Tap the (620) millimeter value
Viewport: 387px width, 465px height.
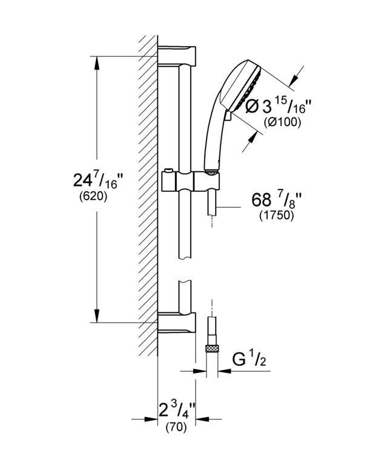coord(93,196)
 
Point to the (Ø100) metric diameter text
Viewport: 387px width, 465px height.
coord(282,122)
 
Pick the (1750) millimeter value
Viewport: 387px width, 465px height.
coord(277,216)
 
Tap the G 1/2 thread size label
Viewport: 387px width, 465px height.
coord(249,360)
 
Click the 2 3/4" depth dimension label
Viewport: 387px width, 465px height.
coord(177,409)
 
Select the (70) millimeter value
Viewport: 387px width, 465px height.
coord(176,427)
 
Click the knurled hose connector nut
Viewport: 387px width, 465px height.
coord(212,349)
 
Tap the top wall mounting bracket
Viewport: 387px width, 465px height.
coord(177,56)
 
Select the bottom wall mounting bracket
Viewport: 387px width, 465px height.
coord(177,323)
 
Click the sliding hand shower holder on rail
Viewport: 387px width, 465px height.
coord(190,181)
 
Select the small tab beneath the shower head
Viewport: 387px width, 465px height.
coord(228,116)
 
